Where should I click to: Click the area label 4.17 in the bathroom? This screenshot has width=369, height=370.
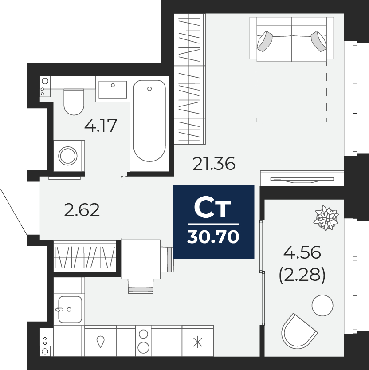click(x=101, y=126)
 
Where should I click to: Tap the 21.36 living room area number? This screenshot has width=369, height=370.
click(x=214, y=164)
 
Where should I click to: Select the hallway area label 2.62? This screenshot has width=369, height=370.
click(x=82, y=210)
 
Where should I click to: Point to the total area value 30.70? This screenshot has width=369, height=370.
click(x=213, y=236)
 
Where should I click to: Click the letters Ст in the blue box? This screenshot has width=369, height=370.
click(x=212, y=209)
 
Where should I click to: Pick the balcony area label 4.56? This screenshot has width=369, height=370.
click(x=302, y=252)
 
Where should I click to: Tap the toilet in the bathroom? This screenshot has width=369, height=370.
click(x=74, y=102)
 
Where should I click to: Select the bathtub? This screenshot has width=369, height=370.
click(x=149, y=121)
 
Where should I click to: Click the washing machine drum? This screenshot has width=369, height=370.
click(x=68, y=156)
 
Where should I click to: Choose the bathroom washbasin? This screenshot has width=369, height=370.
click(x=113, y=90)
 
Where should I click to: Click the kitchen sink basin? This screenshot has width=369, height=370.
click(x=70, y=309)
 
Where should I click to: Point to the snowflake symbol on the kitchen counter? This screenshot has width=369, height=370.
click(x=198, y=342)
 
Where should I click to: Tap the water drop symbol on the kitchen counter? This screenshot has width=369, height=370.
click(x=101, y=342)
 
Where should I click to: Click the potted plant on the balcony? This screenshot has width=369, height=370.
click(x=326, y=217)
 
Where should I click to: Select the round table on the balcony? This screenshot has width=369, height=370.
click(x=322, y=305)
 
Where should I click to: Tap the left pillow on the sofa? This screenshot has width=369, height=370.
click(x=265, y=41)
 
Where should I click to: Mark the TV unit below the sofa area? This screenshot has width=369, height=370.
click(x=302, y=178)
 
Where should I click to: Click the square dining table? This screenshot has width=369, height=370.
click(x=141, y=260)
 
